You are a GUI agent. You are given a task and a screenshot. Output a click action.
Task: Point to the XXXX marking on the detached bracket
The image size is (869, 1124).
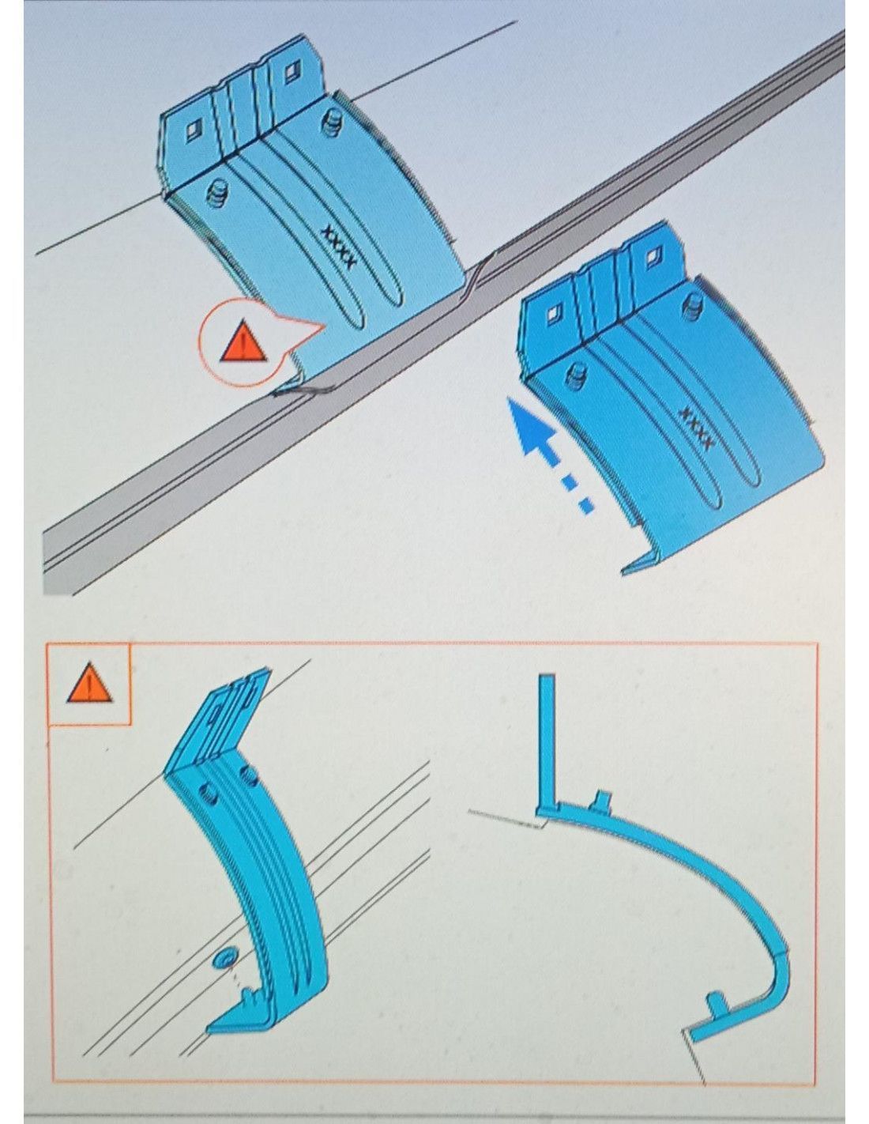pyautogui.click(x=698, y=428)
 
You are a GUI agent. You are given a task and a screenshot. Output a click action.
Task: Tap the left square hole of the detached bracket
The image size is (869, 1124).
pyautogui.click(x=554, y=311)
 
